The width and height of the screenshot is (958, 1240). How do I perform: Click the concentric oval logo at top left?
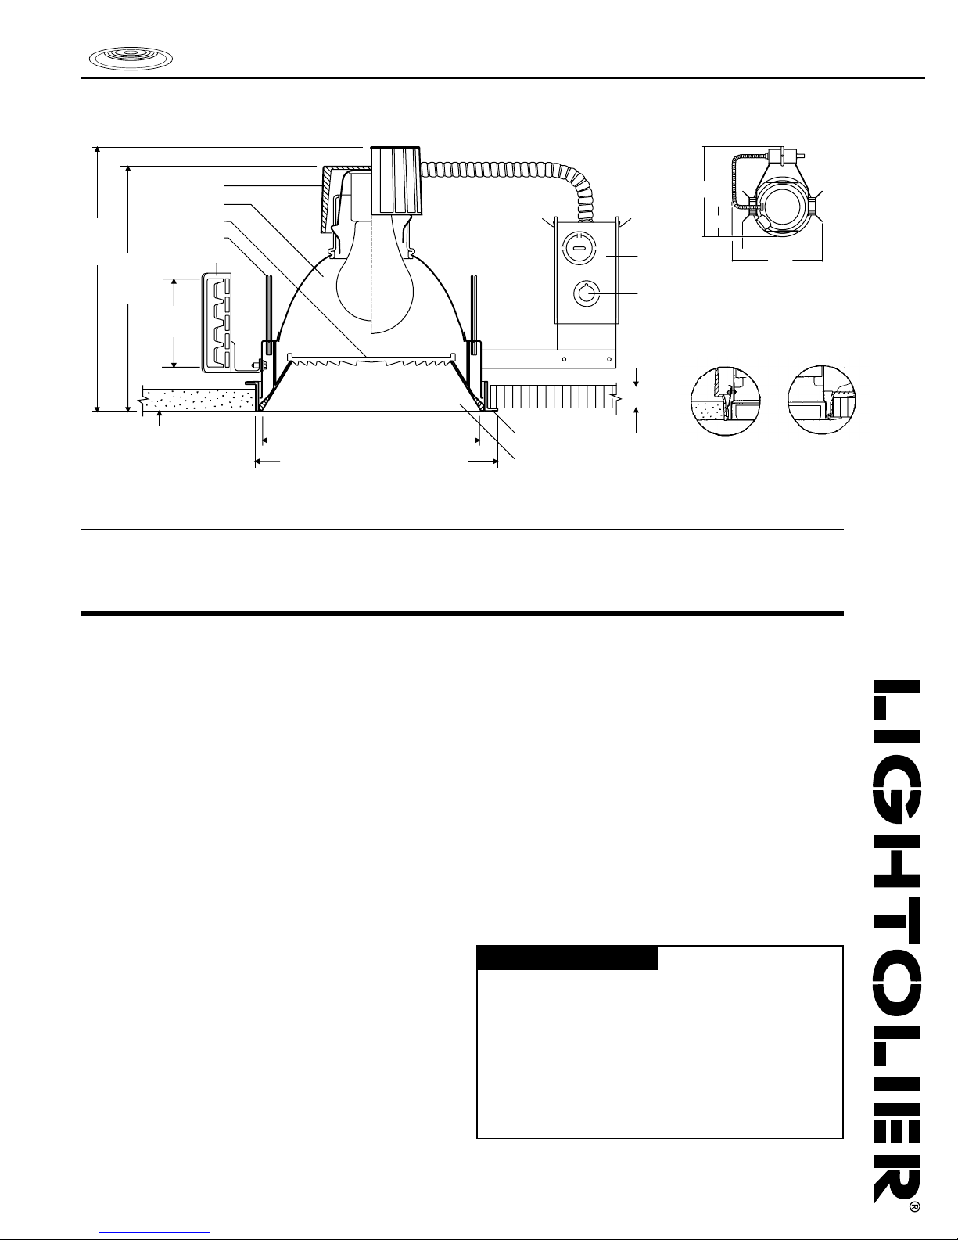tap(131, 59)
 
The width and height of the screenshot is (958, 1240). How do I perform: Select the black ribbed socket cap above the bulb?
tap(396, 181)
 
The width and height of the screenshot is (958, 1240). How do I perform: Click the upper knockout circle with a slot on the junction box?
tap(579, 249)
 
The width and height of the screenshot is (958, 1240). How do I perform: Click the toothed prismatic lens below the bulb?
tap(371, 361)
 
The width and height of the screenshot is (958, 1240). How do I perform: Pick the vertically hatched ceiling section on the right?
tap(553, 396)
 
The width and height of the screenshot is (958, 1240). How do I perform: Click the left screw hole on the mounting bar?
tap(564, 359)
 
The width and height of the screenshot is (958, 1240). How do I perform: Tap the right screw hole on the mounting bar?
tap(609, 359)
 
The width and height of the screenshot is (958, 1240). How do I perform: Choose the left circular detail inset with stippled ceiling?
tap(726, 401)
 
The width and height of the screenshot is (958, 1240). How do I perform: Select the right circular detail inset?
tap(822, 400)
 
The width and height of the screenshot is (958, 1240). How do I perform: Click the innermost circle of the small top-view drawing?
tap(780, 206)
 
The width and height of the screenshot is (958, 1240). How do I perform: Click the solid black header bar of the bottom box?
tap(568, 958)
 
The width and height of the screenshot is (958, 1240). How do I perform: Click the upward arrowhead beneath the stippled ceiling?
tap(159, 415)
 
